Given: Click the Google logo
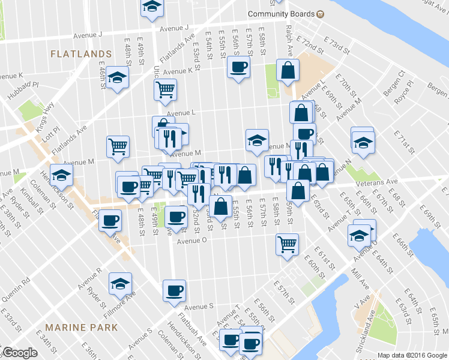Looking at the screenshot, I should tap(20, 353).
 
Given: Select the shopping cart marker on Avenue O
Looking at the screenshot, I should tap(288, 244).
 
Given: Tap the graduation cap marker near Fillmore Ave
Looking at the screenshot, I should tap(120, 284).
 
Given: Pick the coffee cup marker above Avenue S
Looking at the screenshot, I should tap(175, 290).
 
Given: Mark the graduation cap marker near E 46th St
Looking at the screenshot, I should tap(118, 79).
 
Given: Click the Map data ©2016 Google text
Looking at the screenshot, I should tap(412, 355).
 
